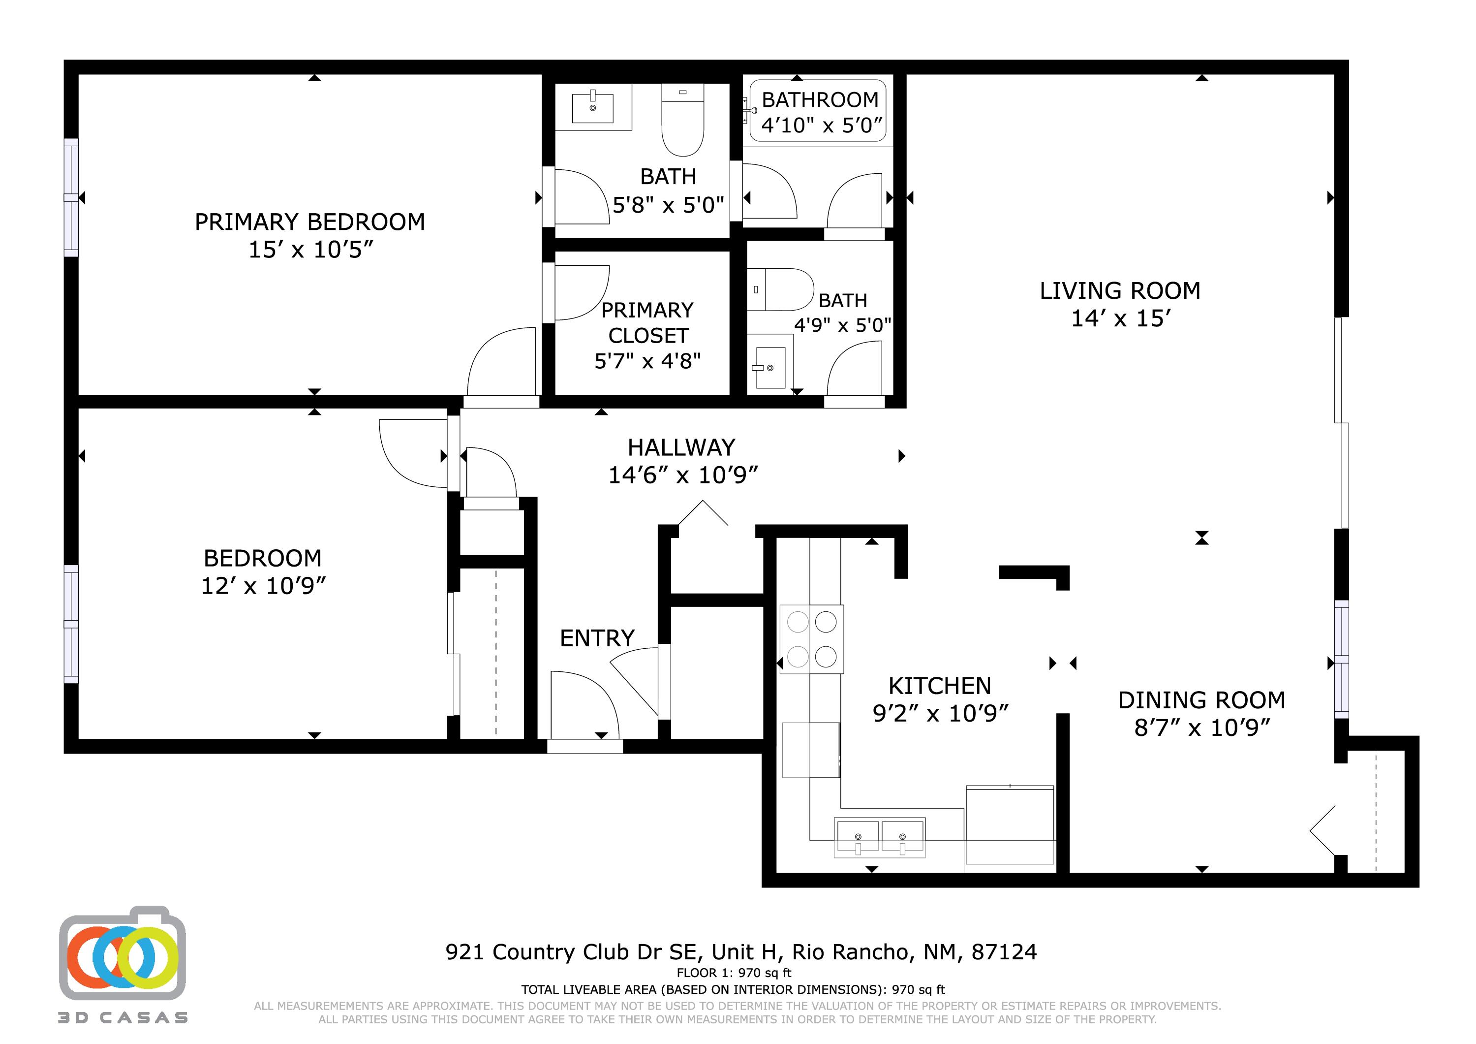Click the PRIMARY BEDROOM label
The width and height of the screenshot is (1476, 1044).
click(310, 222)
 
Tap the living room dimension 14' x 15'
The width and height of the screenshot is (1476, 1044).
click(1120, 318)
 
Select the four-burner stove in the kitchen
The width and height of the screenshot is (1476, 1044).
click(811, 639)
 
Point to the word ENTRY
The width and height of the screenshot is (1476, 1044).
click(597, 638)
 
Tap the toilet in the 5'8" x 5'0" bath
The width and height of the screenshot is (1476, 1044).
click(683, 122)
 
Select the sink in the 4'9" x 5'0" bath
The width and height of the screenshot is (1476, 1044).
click(769, 368)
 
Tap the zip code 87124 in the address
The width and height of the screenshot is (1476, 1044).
click(1004, 952)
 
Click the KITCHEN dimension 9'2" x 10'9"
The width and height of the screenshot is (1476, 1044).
click(940, 713)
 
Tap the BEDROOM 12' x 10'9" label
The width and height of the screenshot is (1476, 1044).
click(263, 571)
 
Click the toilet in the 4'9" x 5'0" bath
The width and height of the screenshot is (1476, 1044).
click(781, 289)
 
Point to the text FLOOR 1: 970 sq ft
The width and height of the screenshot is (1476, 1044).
click(734, 973)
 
